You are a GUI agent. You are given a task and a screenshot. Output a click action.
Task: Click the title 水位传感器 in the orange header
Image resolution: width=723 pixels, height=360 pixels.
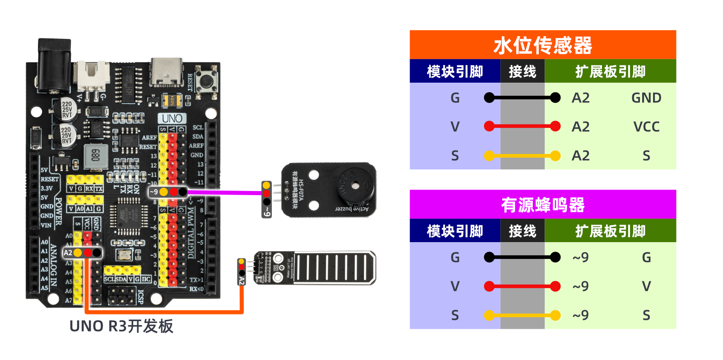[542, 45]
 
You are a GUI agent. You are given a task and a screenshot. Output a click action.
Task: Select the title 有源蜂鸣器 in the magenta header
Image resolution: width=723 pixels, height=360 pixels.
[542, 205]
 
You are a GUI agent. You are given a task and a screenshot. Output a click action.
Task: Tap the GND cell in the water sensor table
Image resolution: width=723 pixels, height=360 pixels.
[646, 98]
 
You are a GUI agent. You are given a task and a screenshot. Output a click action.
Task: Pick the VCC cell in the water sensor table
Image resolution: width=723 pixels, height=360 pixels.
[646, 127]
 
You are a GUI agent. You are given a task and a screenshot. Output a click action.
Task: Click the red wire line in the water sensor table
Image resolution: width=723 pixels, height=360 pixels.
[522, 126]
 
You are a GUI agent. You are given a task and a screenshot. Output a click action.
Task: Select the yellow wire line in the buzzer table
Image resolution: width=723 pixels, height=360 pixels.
[522, 315]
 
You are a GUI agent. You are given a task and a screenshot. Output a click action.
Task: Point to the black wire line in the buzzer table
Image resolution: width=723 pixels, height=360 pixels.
[522, 257]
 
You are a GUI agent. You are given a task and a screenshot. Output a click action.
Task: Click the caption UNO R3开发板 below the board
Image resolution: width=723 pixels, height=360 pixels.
[121, 326]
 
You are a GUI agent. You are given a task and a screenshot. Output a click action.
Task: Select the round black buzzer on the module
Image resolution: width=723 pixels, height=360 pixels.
[355, 186]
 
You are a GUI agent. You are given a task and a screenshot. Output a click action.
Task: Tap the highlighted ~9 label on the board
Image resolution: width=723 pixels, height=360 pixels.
[154, 192]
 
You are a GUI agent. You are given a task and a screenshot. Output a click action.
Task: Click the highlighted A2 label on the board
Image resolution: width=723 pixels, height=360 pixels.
[68, 252]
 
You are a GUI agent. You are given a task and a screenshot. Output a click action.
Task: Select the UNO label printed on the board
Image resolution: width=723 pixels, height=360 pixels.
[172, 118]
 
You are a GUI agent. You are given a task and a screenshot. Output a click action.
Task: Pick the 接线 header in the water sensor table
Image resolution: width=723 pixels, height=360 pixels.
[522, 71]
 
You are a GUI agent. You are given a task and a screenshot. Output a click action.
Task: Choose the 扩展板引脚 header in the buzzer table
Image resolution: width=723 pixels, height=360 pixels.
[610, 231]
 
